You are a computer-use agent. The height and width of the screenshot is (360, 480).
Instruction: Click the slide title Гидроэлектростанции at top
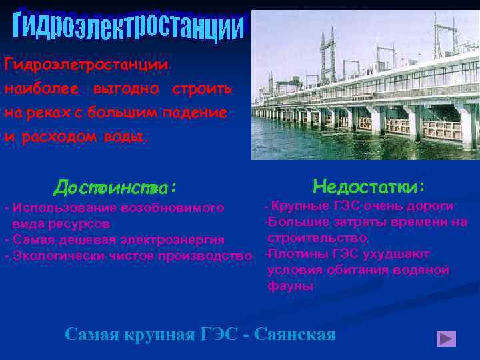[x=129, y=27]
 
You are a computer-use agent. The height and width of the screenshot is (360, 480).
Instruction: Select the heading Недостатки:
[x=369, y=185]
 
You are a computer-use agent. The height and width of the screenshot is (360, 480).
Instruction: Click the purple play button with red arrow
[x=446, y=339]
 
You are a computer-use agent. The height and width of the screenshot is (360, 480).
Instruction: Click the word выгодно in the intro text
[x=126, y=89]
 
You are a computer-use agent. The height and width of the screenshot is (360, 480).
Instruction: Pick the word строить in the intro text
[x=201, y=89]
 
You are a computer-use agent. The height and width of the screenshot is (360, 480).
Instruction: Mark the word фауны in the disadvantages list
[x=290, y=286]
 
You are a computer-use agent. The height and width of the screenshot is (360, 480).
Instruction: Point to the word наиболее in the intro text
[x=42, y=89]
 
